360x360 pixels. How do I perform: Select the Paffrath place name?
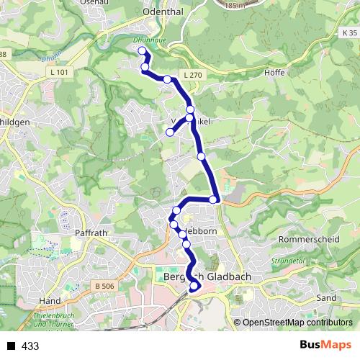(x=91, y=233)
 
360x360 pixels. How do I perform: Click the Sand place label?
(x=326, y=297)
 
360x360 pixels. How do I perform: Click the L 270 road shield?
(x=192, y=75)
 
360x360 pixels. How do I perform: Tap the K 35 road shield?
(x=349, y=34)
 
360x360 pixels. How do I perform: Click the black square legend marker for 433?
(x=11, y=346)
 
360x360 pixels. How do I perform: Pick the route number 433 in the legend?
(x=30, y=346)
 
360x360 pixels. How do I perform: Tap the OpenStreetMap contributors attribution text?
(x=297, y=323)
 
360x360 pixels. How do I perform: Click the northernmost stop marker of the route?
(x=142, y=50)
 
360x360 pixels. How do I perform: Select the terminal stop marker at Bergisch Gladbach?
(x=194, y=287)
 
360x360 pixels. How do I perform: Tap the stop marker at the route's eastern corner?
(x=214, y=199)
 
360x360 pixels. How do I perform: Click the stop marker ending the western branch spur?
(x=170, y=132)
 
